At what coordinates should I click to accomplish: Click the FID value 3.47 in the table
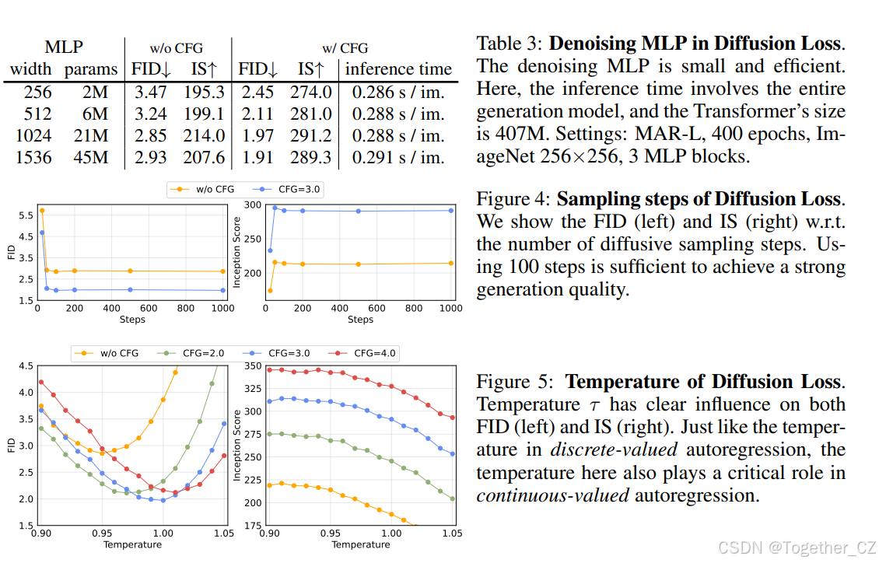(x=150, y=92)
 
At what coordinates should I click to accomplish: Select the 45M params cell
(x=96, y=158)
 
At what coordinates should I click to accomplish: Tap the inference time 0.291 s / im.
(x=397, y=158)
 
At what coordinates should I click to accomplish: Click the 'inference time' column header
(x=397, y=69)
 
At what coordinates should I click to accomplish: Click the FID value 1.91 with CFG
(x=257, y=158)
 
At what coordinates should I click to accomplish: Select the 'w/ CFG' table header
(x=345, y=47)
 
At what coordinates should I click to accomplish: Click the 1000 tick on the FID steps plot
(x=222, y=309)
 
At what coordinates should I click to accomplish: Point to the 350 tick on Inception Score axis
(x=253, y=365)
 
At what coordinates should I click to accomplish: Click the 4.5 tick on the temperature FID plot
(x=25, y=365)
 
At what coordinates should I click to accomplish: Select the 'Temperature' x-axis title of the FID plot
(x=132, y=544)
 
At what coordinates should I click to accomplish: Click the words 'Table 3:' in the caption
(x=510, y=44)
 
